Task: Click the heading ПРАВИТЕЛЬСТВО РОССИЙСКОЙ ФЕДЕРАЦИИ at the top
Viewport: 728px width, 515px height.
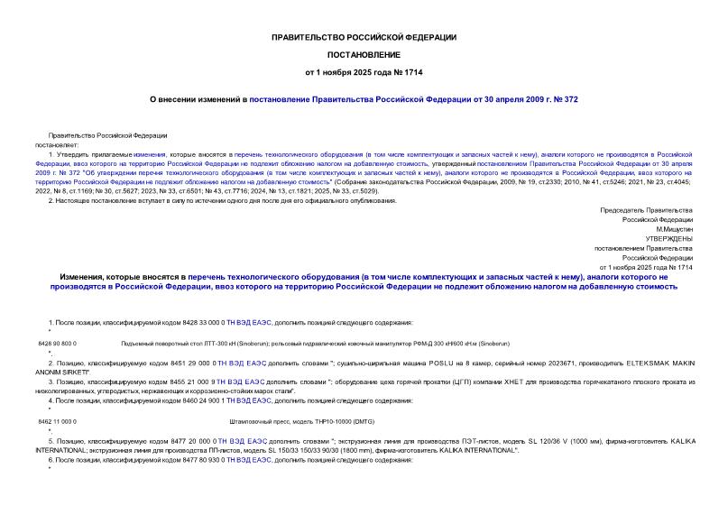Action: pyautogui.click(x=364, y=37)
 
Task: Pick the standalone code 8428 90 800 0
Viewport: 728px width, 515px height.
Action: pyautogui.click(x=58, y=344)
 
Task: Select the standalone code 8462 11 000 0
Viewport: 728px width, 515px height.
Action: pyautogui.click(x=58, y=421)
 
